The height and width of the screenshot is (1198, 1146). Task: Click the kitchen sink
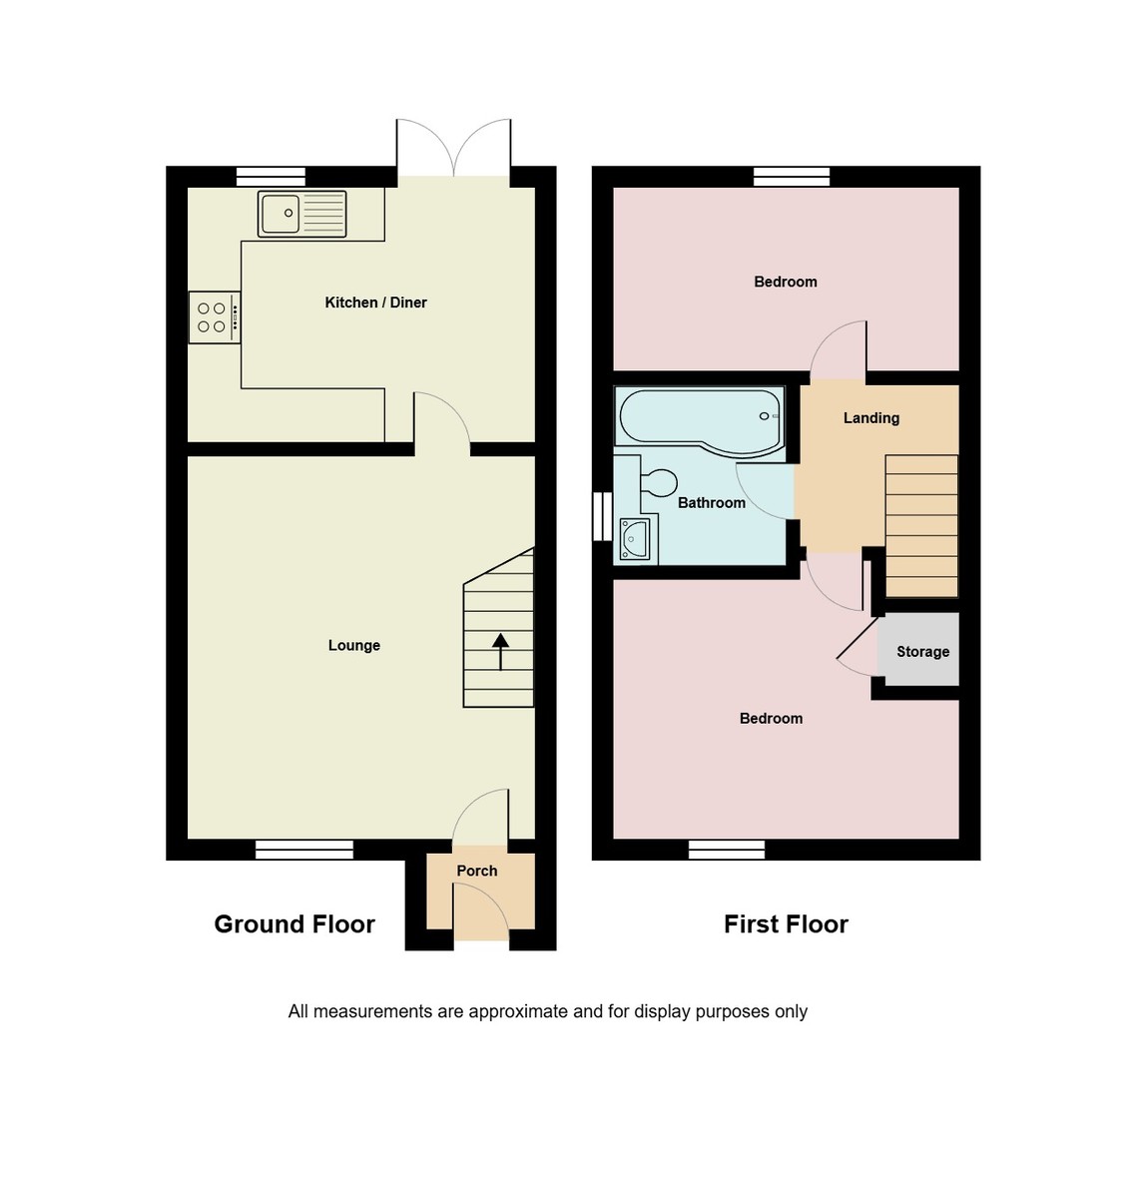301,214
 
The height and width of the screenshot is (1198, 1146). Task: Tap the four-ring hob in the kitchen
214,317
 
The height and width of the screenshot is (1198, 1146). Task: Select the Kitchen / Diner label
375,302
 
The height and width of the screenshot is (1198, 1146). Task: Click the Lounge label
353,646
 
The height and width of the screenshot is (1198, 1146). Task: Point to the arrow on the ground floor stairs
499,651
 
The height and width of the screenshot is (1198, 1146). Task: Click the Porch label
476,872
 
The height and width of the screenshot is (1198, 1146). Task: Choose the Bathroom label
711,503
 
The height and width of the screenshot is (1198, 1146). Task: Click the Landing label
870,418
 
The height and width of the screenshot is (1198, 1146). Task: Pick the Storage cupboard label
922,652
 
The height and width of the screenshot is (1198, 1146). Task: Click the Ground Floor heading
294,924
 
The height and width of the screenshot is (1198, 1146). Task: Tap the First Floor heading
786,924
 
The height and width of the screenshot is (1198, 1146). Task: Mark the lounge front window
304,850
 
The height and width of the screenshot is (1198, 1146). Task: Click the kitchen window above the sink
271,177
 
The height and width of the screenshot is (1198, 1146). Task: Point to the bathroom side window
602,517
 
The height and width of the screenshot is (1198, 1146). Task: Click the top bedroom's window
792,177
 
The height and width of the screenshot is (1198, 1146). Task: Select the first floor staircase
921,526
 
